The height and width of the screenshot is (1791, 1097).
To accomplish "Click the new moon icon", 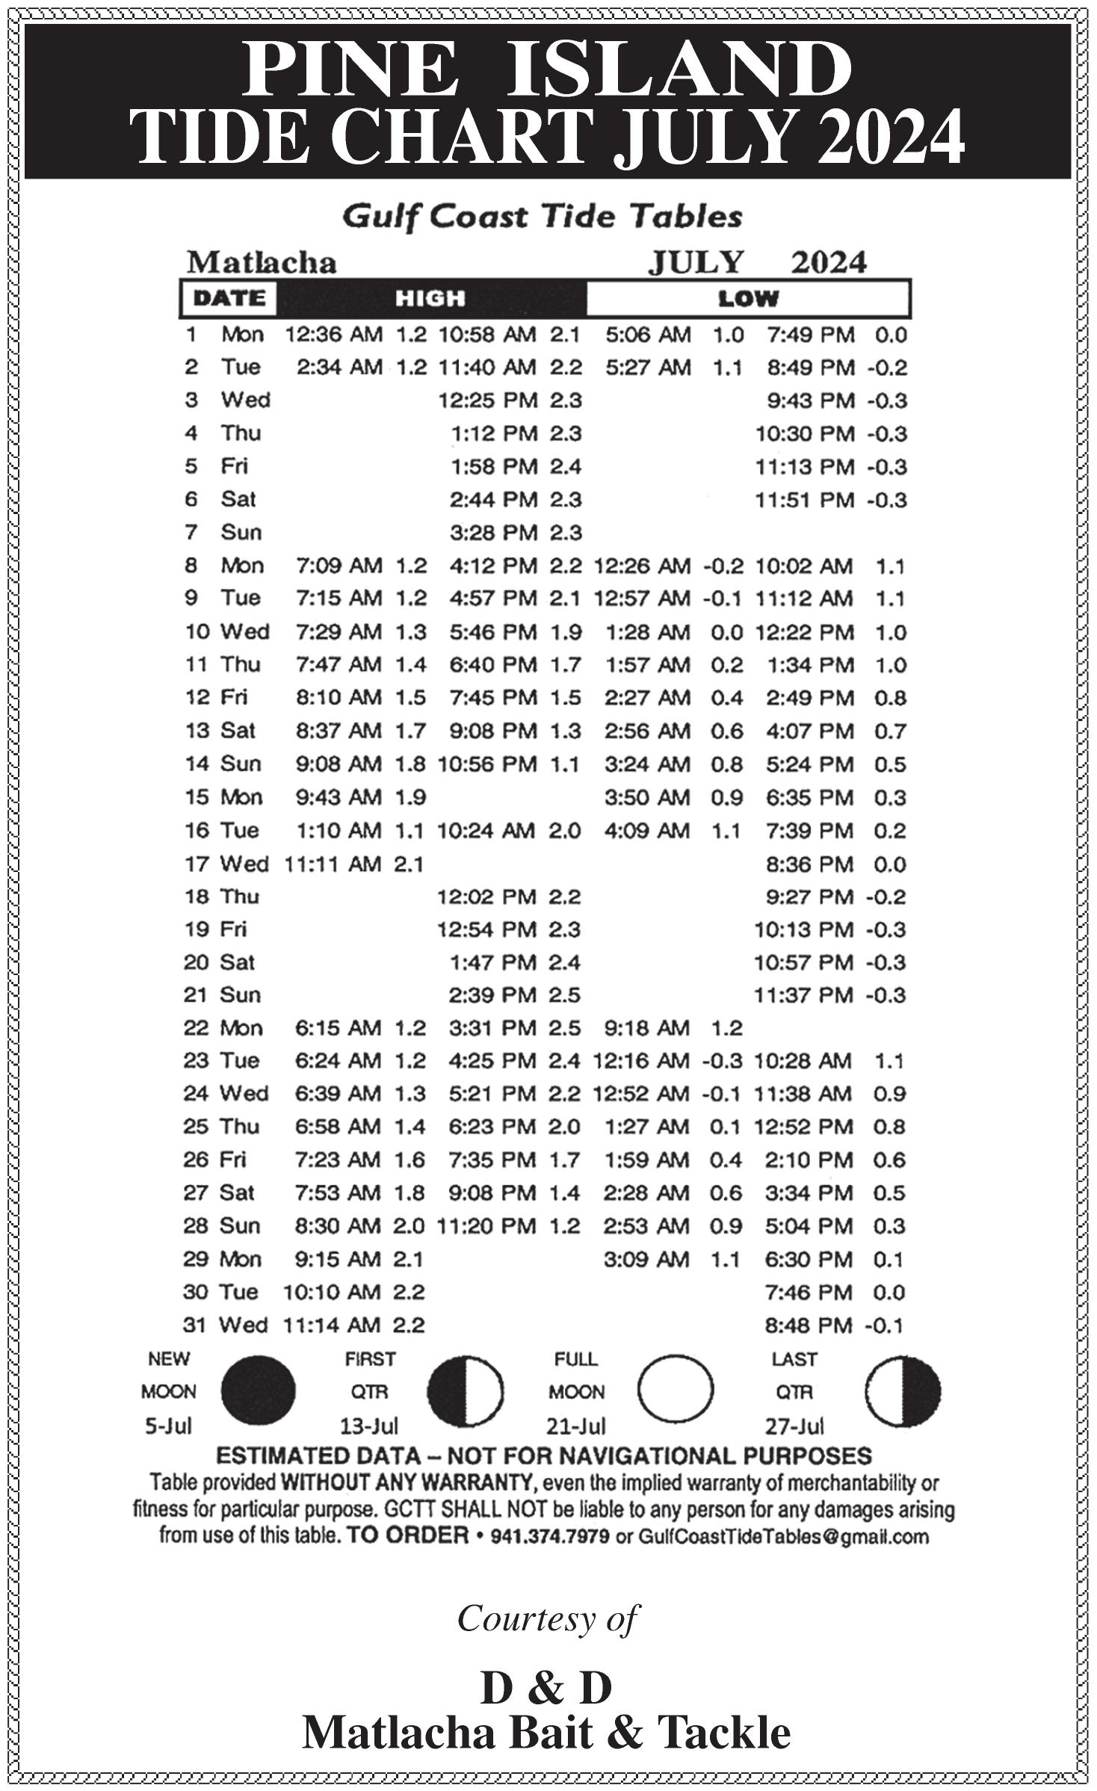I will [258, 1391].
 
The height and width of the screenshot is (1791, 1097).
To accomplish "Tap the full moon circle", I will [675, 1391].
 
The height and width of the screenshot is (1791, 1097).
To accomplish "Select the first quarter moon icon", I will [465, 1391].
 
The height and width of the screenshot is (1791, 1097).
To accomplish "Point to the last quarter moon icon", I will [903, 1391].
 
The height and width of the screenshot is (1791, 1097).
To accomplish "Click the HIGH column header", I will [430, 299].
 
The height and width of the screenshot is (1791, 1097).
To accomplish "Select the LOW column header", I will [748, 299].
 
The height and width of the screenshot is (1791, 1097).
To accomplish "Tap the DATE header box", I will [229, 299].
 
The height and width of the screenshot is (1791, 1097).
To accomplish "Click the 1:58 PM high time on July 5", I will [493, 467].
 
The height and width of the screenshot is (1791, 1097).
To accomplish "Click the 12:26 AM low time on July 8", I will [641, 566].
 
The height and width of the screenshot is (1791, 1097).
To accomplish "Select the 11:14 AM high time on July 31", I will [332, 1326].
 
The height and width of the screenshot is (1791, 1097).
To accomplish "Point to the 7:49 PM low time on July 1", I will [810, 335].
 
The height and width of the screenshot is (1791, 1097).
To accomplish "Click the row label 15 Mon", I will [223, 797].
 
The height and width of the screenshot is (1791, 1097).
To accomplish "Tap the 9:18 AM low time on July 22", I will [646, 1028].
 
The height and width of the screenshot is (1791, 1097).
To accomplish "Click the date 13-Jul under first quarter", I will [369, 1426].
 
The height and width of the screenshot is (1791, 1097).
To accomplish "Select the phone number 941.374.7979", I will [549, 1537].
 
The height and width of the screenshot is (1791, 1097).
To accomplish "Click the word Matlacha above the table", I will [262, 262].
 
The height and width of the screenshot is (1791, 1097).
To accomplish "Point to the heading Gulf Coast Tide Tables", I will [542, 217].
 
